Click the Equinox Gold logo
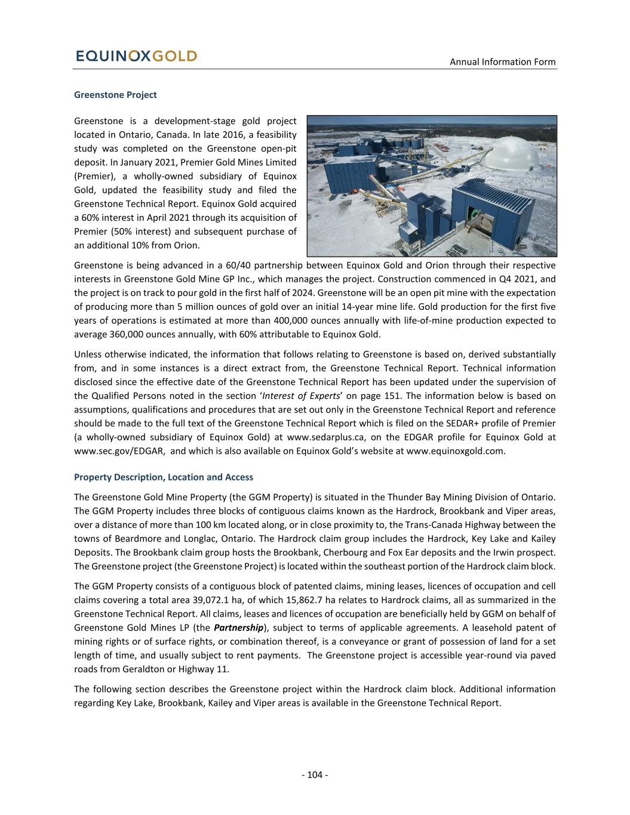click(136, 56)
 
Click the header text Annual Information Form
click(502, 61)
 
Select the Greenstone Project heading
click(115, 95)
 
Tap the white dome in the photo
click(515, 154)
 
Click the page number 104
click(315, 775)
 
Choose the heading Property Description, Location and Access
click(163, 477)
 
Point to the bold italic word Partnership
click(239, 628)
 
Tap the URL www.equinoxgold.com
click(455, 451)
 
